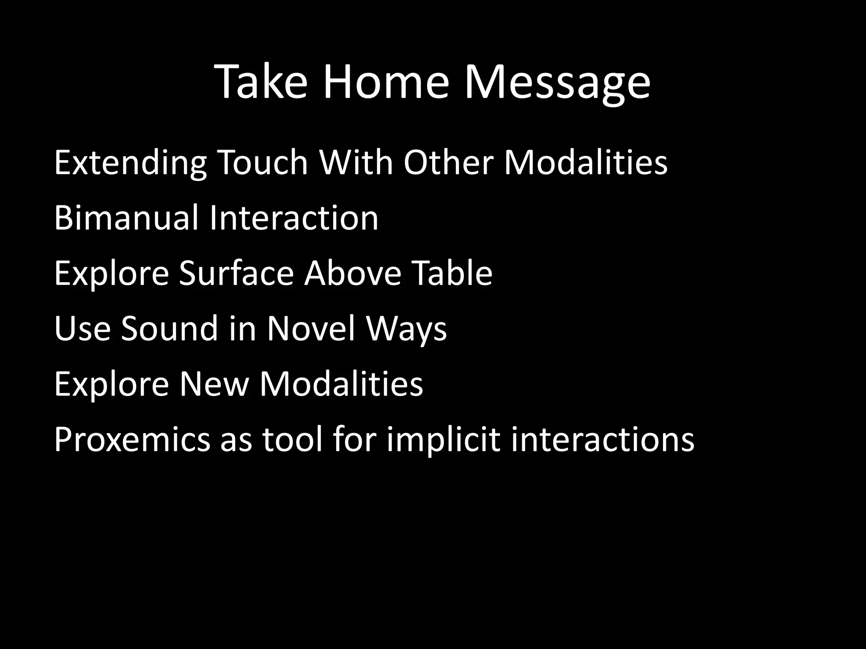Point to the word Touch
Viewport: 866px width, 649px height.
click(263, 163)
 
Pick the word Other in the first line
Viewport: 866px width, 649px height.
click(448, 163)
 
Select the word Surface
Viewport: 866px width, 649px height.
click(236, 273)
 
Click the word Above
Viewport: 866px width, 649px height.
click(353, 273)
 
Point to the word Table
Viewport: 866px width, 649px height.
click(452, 273)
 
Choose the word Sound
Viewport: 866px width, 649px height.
click(169, 329)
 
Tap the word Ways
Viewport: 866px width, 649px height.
click(406, 329)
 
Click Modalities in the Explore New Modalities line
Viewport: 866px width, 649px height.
click(341, 384)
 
